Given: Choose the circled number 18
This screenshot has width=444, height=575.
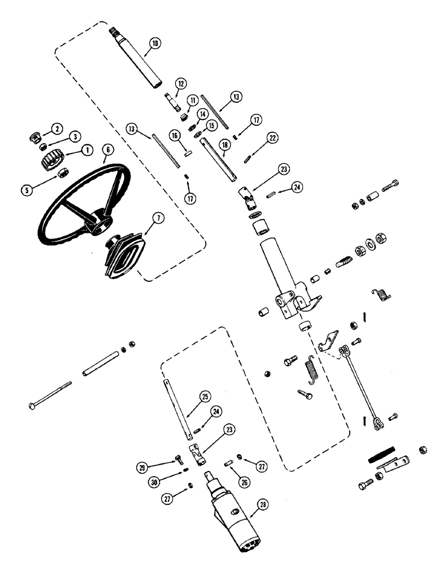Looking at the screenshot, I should coord(223,146).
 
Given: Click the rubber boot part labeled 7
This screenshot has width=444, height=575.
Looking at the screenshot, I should coord(124,256).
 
